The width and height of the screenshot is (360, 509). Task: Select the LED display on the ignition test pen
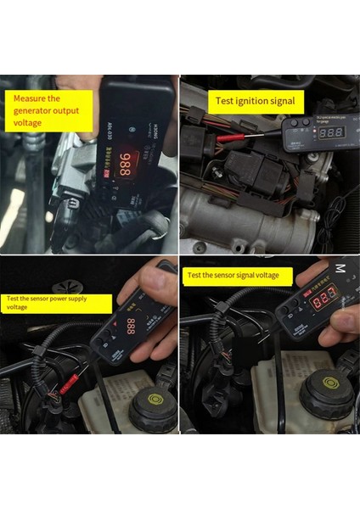tap(331, 132)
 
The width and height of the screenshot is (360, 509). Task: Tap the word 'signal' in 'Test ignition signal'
tap(284, 101)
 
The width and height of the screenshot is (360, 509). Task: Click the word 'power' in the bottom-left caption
tap(87, 299)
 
